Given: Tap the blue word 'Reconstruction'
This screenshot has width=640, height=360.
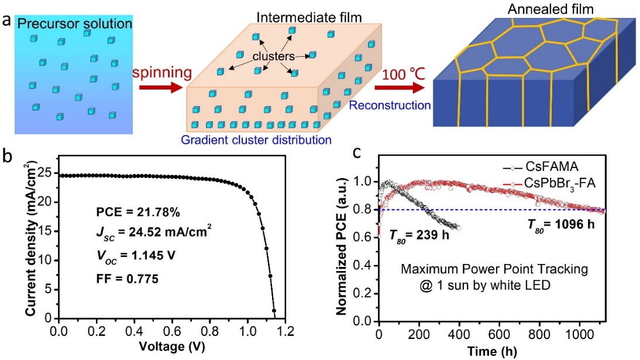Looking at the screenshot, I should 390,105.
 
